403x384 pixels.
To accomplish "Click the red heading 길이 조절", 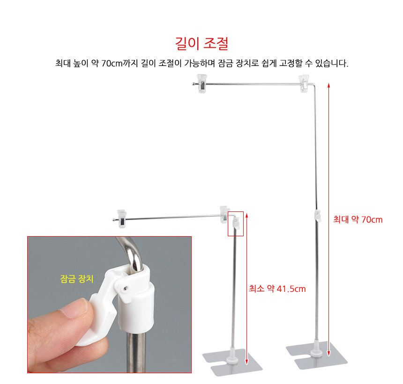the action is pos(202,43).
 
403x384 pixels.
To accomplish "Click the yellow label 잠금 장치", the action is pos(76,279).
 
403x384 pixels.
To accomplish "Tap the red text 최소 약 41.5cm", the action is pos(277,289).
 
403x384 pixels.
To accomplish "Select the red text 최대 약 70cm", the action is pos(358,219).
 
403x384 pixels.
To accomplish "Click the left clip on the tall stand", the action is pos(202,83).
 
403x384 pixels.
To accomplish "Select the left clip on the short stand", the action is pos(122,219).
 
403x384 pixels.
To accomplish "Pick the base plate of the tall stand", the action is pos(317,356).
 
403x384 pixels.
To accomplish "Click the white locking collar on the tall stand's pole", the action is pos(318,216).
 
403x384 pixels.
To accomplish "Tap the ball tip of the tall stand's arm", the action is pos(194,84).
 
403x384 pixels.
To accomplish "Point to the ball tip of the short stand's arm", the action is pos(113,219).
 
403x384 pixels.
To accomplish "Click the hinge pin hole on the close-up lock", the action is pos(126,288).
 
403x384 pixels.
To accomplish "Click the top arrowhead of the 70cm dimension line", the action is pos(328,85).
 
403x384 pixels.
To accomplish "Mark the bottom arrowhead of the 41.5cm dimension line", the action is pos(247,361).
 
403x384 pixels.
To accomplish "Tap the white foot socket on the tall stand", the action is pos(316,350).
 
